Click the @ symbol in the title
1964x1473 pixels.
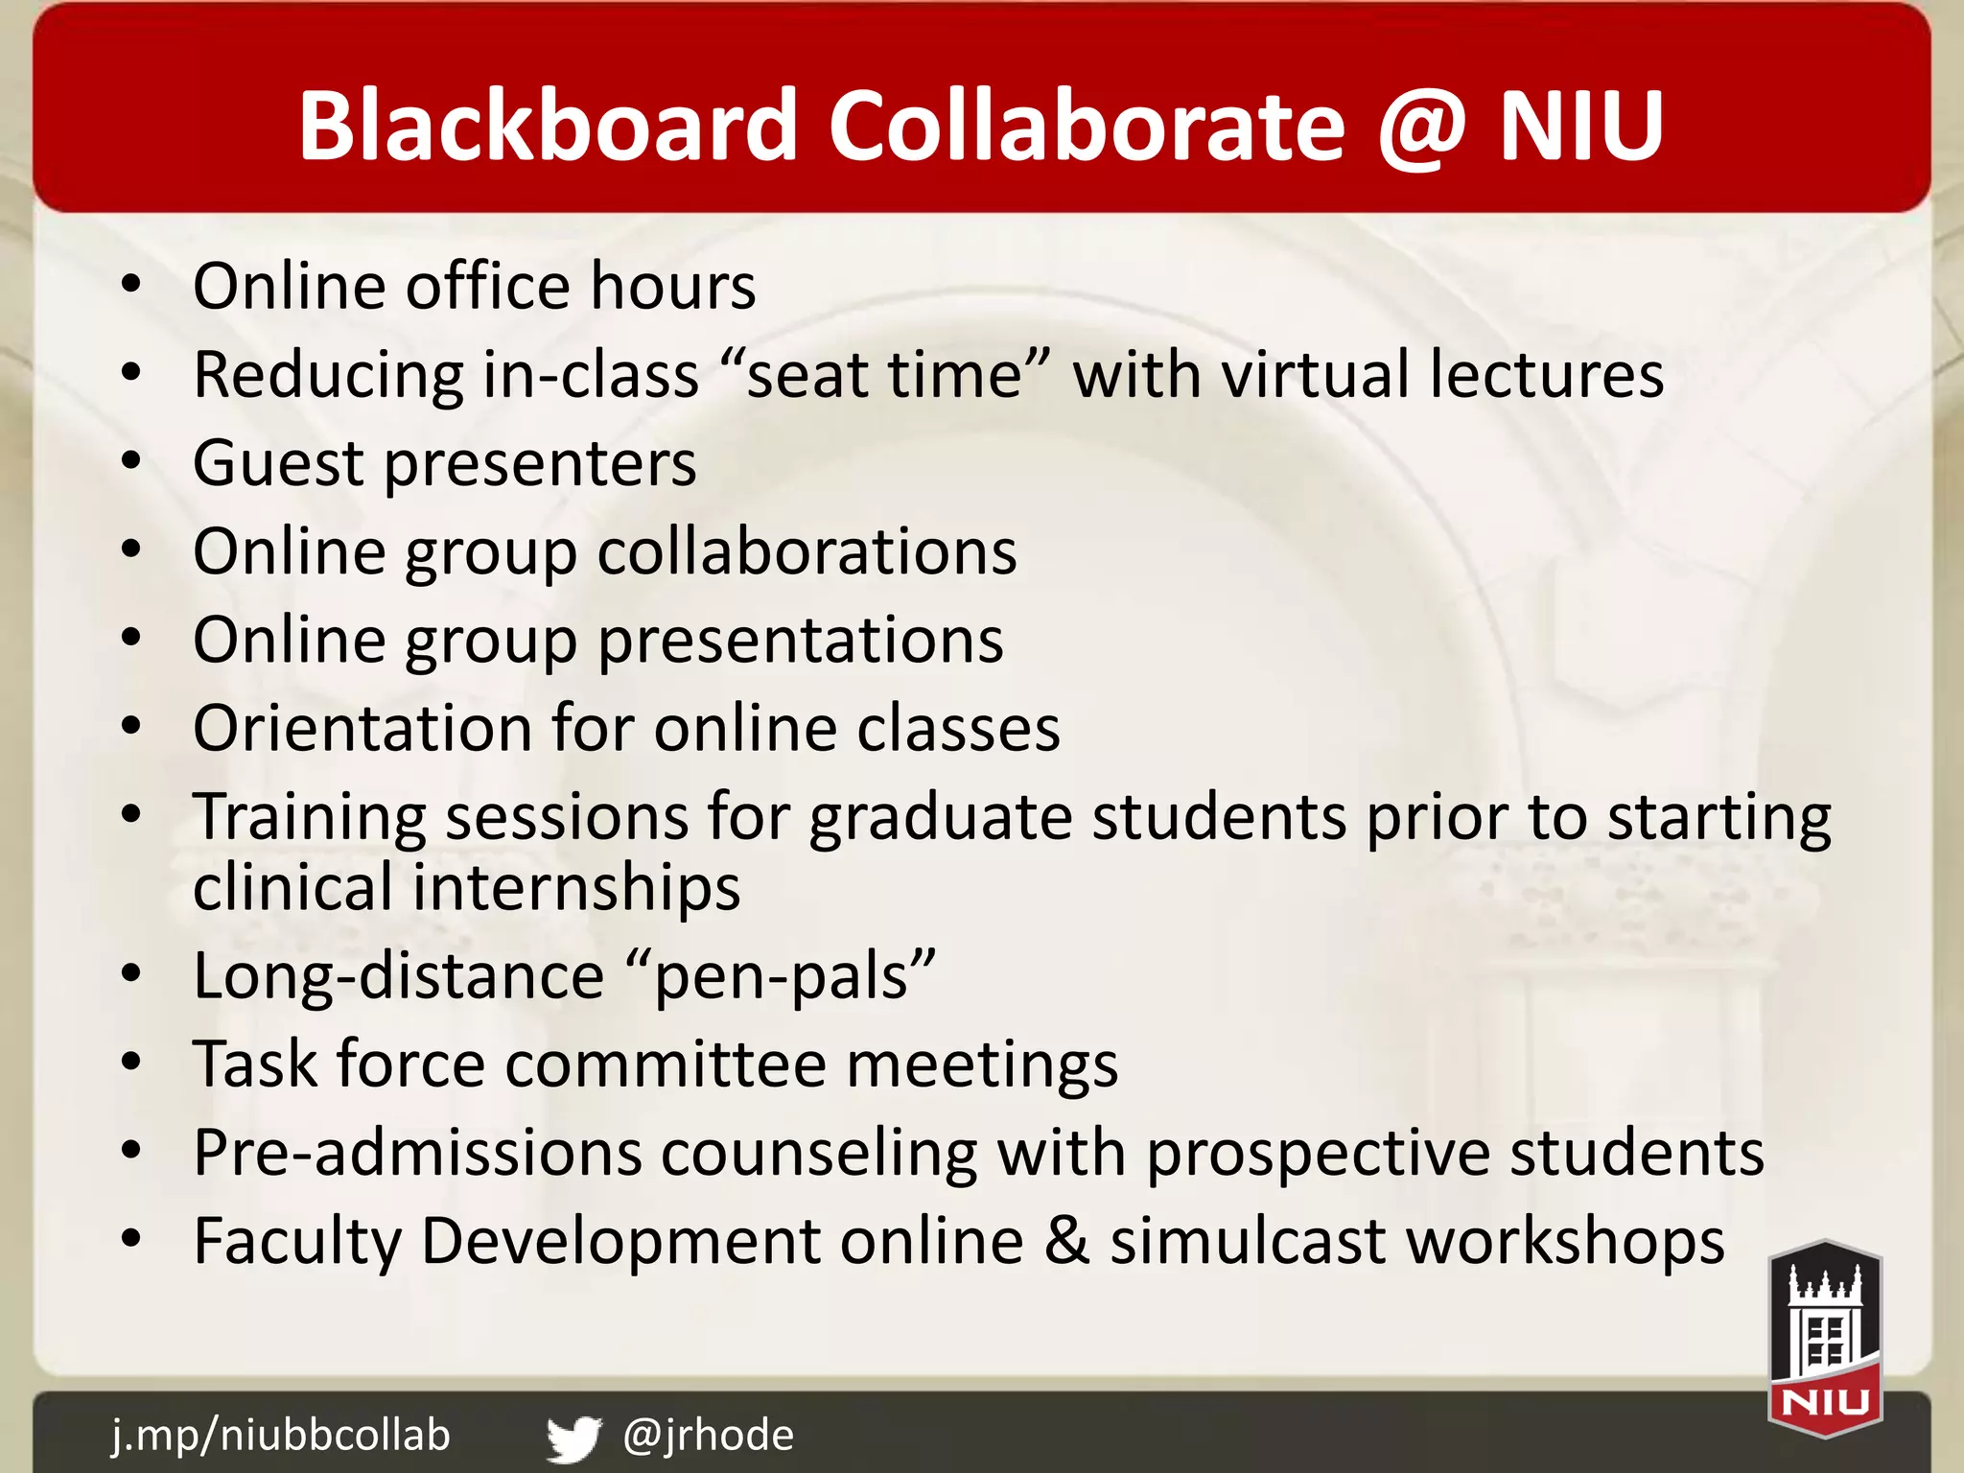[1422, 128]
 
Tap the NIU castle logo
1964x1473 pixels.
[1825, 1339]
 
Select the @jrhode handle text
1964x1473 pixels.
[708, 1435]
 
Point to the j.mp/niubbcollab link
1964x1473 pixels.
[280, 1435]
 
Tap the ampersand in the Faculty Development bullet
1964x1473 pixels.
[1066, 1241]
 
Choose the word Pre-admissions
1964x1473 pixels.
[417, 1153]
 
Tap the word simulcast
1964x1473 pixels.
[1248, 1241]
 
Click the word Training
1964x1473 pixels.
[309, 817]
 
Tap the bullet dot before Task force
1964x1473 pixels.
[131, 1064]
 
